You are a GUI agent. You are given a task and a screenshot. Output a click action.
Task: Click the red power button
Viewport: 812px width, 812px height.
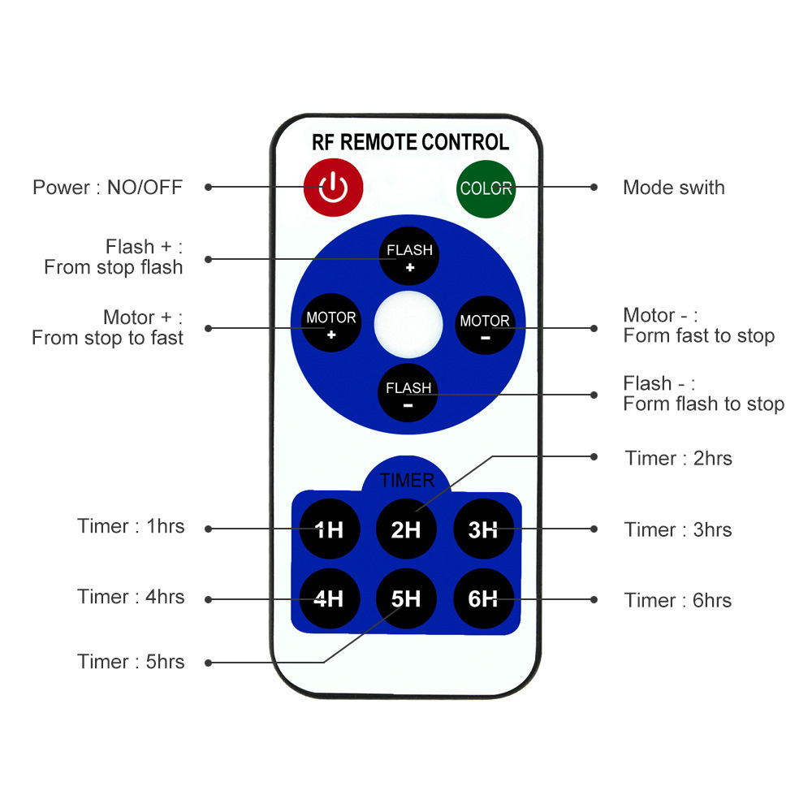tap(333, 188)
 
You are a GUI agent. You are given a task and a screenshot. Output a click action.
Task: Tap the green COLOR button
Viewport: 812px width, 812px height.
tap(486, 188)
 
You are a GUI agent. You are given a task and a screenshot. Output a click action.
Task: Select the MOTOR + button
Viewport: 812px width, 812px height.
tap(331, 323)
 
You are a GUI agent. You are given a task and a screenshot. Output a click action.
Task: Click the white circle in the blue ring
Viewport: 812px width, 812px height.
tap(408, 324)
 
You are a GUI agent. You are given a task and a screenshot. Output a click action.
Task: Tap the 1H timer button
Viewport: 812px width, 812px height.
tap(329, 530)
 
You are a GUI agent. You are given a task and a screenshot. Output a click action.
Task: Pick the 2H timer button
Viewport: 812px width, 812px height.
tap(406, 530)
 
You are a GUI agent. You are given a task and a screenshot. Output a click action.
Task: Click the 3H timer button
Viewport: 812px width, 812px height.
tap(483, 530)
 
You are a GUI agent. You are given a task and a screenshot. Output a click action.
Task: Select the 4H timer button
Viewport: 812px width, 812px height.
tap(329, 599)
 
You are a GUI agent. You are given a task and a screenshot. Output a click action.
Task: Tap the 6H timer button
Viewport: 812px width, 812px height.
tap(483, 599)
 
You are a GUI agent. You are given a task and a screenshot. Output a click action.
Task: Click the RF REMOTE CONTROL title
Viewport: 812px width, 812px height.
tap(410, 142)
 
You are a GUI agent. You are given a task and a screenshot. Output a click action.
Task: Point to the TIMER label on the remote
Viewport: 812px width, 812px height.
tap(407, 481)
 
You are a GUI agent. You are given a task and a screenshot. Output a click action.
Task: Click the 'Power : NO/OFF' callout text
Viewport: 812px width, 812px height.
tap(107, 188)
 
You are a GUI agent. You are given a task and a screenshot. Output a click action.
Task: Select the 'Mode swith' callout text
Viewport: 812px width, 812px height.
tap(673, 188)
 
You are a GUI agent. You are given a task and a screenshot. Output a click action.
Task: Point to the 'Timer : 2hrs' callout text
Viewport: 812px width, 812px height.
tap(678, 459)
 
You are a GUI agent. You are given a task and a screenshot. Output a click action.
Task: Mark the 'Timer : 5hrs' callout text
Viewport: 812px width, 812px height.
tap(131, 662)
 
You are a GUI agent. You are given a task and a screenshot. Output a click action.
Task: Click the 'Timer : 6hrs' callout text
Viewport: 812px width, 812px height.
tap(678, 601)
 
